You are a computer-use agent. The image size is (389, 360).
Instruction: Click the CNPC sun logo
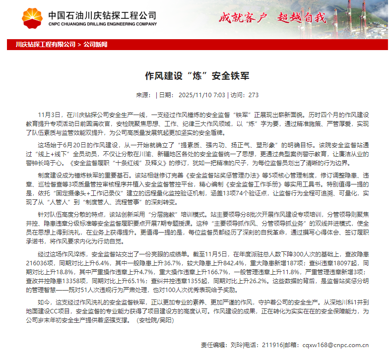tap(32, 18)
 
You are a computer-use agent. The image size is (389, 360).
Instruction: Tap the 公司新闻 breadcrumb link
tap(95, 45)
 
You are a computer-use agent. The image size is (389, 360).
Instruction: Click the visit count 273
tap(253, 95)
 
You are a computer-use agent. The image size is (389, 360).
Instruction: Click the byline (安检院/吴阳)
tap(155, 320)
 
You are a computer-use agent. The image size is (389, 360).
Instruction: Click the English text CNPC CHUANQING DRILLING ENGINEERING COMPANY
tap(102, 23)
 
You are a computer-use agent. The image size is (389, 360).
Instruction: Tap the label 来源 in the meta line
tap(142, 95)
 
